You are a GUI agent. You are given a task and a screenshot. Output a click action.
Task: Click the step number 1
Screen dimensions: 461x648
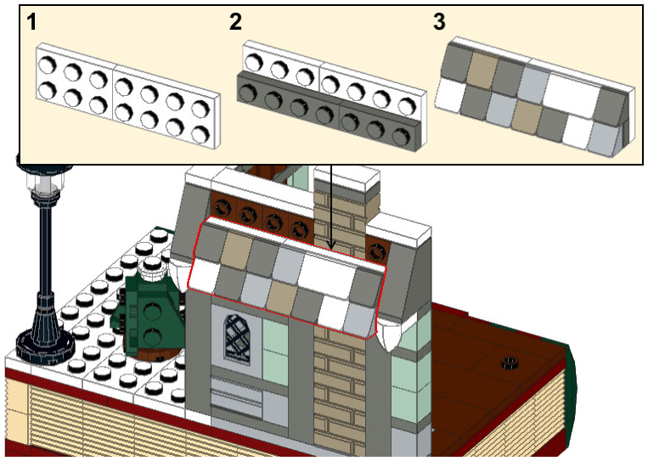tap(31, 23)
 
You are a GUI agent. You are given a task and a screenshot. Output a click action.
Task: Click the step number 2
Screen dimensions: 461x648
tap(235, 23)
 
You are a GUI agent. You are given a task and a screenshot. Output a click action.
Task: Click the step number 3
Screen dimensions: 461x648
tap(439, 23)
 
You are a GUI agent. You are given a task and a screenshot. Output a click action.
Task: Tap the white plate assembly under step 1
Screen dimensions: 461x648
tap(125, 96)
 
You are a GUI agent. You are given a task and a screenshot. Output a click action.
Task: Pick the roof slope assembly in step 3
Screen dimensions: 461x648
tap(535, 94)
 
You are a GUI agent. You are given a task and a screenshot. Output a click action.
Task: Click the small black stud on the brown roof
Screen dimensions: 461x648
tap(510, 364)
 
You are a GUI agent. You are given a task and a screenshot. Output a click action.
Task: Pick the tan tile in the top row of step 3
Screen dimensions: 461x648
tap(482, 68)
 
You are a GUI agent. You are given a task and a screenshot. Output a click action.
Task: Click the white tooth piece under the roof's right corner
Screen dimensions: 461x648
tap(393, 340)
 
